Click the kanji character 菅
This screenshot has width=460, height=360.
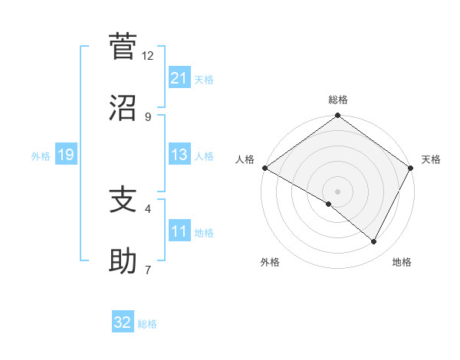(x=123, y=47)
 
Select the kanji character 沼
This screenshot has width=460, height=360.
(x=123, y=108)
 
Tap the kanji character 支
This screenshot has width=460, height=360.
(x=123, y=200)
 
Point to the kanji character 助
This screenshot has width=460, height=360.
(x=123, y=261)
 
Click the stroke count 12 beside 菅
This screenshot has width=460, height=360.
(x=148, y=56)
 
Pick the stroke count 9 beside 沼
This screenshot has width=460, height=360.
(x=148, y=117)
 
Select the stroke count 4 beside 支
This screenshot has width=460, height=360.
(x=148, y=208)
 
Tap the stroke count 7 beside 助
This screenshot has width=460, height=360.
(x=148, y=270)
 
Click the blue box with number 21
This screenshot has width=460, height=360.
(x=179, y=78)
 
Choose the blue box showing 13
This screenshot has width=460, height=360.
(x=179, y=155)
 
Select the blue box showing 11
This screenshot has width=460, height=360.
(x=179, y=231)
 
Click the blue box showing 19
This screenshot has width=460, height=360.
(x=65, y=155)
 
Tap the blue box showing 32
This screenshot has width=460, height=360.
(x=123, y=322)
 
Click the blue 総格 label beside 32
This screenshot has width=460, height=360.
(x=147, y=324)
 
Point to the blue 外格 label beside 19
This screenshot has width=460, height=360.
(x=41, y=156)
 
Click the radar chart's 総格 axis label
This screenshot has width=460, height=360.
(x=338, y=100)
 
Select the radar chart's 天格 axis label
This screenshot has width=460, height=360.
(x=432, y=159)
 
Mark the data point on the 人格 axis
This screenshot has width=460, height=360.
(x=264, y=168)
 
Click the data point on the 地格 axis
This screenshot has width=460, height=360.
(x=374, y=242)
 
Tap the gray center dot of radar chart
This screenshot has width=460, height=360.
(x=338, y=191)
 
